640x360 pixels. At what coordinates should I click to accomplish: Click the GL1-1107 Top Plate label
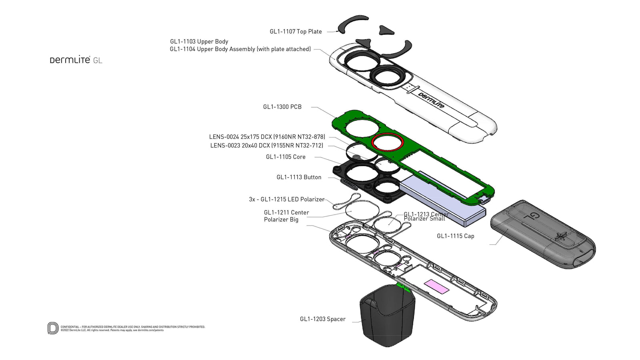296,32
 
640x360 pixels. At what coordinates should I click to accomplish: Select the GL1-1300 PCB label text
282,107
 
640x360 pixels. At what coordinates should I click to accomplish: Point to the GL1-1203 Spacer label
322,319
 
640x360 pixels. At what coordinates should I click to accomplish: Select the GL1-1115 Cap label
455,236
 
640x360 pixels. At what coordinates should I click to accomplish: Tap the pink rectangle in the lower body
436,286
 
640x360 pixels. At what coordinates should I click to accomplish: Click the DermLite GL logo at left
76,60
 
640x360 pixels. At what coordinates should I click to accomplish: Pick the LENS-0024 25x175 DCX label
267,137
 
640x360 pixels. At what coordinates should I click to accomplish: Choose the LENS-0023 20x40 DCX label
266,146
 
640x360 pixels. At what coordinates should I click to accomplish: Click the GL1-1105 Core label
286,157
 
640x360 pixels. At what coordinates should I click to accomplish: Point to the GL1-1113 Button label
299,177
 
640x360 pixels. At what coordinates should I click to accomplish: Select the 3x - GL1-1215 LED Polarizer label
286,199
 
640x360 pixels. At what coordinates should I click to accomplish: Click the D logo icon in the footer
53,328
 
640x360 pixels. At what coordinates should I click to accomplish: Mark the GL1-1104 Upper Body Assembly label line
240,49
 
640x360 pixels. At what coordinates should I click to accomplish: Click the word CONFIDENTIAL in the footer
70,327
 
